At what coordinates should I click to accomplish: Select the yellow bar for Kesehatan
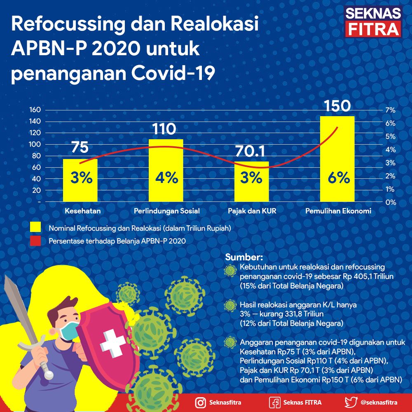(80, 180)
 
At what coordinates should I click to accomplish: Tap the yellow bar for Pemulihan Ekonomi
(337, 159)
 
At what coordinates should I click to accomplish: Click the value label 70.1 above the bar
(250, 151)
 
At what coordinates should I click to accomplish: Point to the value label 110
(164, 129)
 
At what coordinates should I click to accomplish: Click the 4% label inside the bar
(166, 178)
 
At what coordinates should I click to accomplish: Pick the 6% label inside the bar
(339, 178)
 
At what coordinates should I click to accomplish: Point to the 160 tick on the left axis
(35, 110)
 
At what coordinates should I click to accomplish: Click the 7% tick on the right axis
(391, 110)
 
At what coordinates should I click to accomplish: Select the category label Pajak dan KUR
(252, 211)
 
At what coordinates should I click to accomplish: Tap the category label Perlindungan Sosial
(167, 211)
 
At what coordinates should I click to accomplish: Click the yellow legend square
(35, 227)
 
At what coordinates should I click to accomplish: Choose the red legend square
(35, 241)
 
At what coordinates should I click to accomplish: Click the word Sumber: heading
(244, 257)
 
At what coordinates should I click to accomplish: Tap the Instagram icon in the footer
(201, 403)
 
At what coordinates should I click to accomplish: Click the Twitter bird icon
(351, 402)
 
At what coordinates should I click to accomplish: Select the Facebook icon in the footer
(274, 403)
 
